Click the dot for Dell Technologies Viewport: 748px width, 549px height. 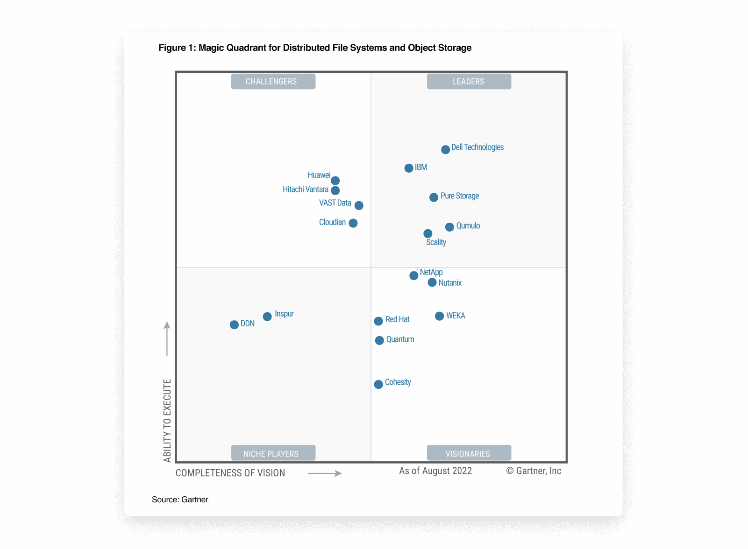point(445,149)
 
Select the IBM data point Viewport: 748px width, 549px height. point(409,168)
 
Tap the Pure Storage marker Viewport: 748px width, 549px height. point(434,197)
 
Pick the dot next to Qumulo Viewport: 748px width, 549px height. point(449,227)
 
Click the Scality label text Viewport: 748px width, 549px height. point(436,242)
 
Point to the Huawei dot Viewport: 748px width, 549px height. point(335,181)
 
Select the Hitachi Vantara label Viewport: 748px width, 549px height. point(305,190)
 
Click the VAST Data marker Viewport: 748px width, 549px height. point(359,205)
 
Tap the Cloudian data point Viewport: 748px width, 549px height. point(353,223)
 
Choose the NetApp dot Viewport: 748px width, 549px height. point(413,276)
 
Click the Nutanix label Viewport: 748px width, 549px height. point(450,283)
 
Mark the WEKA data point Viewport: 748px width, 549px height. point(439,316)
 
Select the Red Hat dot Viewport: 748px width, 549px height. point(378,321)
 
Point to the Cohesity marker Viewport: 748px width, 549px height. point(378,385)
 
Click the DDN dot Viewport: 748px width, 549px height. point(234,325)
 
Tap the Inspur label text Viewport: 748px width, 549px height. point(284,314)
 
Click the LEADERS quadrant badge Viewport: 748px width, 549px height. point(469,82)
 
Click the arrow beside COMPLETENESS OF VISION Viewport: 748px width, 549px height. point(325,473)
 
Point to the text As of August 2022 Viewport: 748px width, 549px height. point(435,471)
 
